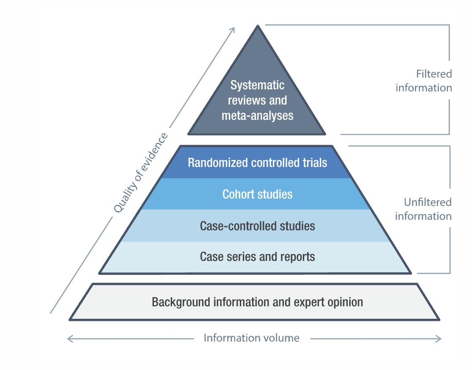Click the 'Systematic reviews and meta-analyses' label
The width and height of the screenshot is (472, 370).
coord(257,100)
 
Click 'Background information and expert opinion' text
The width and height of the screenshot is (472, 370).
coord(257,302)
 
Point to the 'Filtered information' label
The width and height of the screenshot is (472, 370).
coord(424,81)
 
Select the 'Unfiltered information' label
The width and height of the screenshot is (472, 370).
coord(423,209)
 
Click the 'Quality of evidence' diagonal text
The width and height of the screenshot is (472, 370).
coord(141,173)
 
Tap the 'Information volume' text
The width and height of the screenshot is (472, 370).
coord(251,338)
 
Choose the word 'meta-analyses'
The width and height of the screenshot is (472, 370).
coord(257,116)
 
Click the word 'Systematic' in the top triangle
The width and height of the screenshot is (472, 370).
coord(257,85)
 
